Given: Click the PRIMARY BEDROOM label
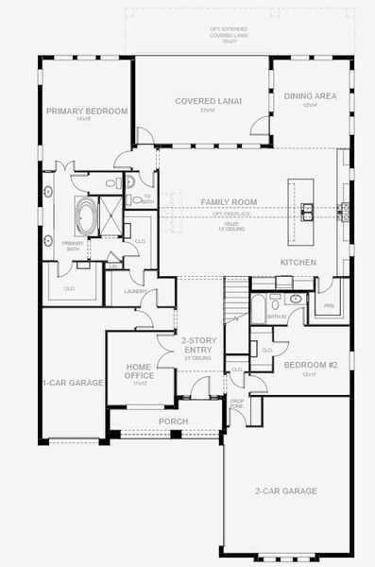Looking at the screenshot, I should (x=87, y=112).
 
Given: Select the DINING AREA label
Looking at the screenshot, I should (x=310, y=96).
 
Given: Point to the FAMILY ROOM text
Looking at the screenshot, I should (x=229, y=203).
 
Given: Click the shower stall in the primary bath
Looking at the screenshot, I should (x=110, y=217).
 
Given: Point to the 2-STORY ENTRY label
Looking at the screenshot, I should (x=200, y=346).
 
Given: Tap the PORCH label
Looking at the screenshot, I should (x=173, y=421).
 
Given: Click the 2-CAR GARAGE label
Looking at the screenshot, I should (x=285, y=490).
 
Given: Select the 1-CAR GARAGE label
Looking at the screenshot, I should (x=72, y=384).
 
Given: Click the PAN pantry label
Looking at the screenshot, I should (x=329, y=306).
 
